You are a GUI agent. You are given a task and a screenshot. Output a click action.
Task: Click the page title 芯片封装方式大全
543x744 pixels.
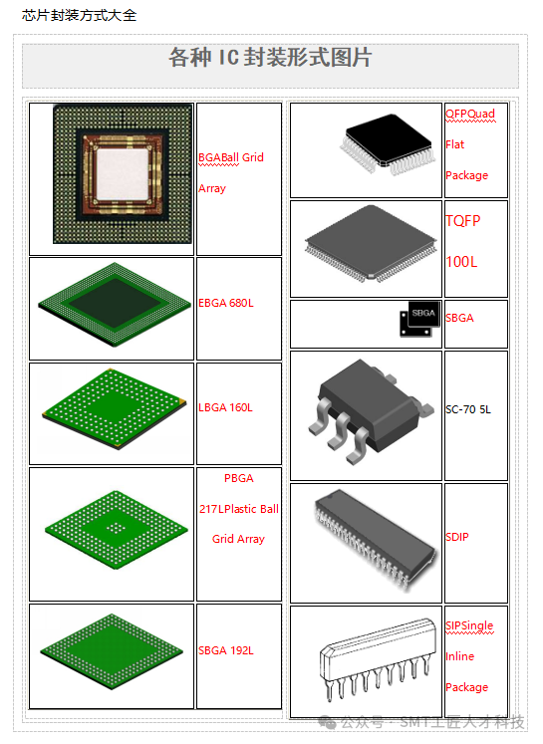(79, 15)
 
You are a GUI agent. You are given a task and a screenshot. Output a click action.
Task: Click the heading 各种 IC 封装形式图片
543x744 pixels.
(270, 58)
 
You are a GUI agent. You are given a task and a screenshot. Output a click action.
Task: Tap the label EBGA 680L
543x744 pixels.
(226, 303)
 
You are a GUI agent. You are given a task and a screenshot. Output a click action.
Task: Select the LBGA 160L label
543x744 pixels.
(225, 407)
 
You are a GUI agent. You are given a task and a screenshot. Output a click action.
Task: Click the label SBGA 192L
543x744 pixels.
(226, 650)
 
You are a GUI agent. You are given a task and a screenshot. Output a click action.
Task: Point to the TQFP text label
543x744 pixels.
(462, 221)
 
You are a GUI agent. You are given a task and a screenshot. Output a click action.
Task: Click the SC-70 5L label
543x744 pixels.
(468, 409)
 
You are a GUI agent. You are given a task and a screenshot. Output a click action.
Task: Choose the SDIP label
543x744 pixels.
(457, 537)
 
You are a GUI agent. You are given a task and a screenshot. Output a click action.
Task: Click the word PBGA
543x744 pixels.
(239, 478)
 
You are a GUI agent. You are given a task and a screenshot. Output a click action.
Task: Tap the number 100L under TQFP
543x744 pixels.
(461, 261)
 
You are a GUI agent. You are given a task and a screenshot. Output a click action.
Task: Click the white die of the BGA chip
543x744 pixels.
(123, 173)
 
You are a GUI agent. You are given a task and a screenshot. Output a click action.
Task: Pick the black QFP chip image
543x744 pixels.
(388, 144)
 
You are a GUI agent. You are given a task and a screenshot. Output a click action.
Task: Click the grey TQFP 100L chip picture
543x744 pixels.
(371, 243)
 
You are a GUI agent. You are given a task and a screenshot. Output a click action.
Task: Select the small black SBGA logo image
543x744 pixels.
(420, 319)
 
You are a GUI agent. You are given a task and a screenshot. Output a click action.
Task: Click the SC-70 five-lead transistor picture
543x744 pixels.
(371, 411)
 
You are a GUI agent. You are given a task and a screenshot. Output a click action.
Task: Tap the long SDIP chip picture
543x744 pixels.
(375, 540)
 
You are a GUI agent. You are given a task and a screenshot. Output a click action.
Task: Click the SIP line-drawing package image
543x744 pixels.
(378, 660)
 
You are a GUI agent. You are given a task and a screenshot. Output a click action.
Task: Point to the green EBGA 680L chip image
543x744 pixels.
(115, 305)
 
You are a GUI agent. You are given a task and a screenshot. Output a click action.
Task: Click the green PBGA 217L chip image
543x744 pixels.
(117, 530)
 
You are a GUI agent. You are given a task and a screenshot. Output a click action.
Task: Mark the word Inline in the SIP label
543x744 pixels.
(460, 656)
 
